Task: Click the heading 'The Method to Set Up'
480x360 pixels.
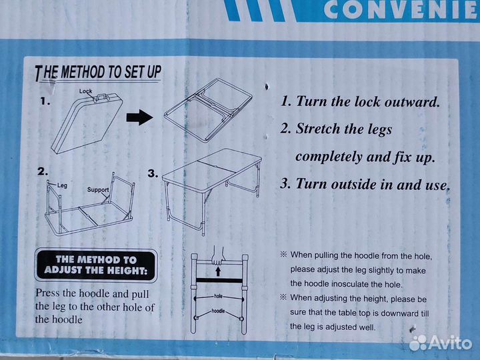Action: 98,73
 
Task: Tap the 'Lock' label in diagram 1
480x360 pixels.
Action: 85,91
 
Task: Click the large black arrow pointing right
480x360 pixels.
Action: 139,117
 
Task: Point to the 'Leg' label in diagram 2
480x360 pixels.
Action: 62,185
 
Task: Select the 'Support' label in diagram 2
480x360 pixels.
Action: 98,190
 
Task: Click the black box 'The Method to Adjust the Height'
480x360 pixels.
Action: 96,265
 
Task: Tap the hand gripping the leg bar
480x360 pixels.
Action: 218,255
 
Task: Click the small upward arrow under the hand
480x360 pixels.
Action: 218,271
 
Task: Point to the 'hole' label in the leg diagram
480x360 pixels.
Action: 218,296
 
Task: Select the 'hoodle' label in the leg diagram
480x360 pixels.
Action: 218,311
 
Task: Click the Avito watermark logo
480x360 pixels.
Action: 440,343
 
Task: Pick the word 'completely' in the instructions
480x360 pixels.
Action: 329,157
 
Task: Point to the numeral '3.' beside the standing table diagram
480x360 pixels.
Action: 153,173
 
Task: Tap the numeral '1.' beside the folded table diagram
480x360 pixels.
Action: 45,101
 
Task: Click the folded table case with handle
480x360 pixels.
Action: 87,123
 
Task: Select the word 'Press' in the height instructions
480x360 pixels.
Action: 47,293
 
